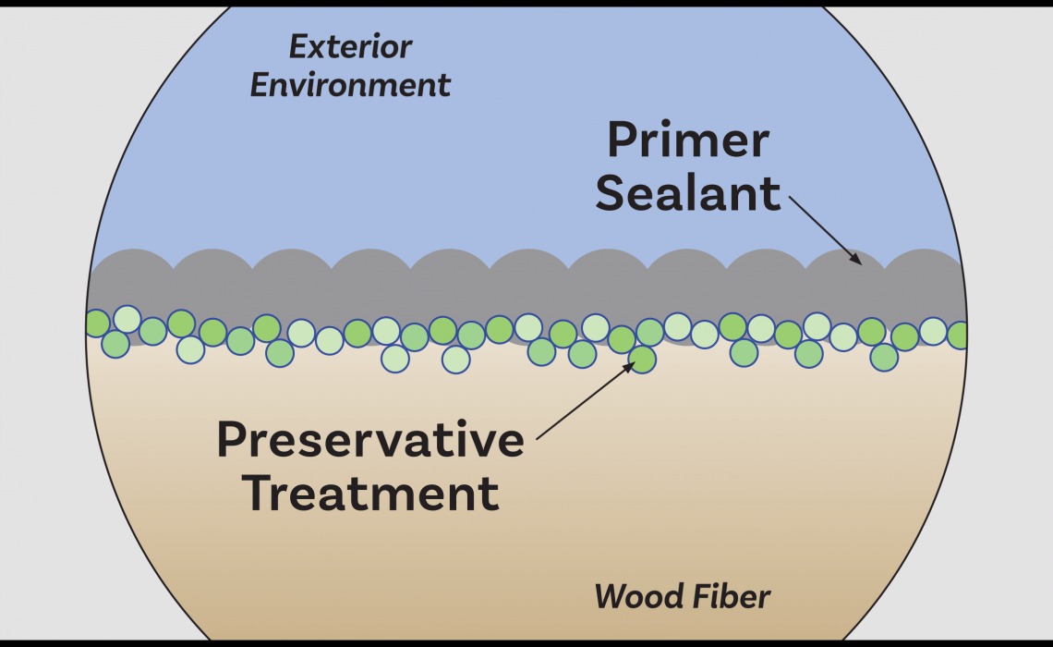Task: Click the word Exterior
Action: tap(350, 46)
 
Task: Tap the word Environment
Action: tap(350, 85)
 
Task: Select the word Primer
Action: tap(687, 141)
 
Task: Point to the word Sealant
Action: tap(687, 194)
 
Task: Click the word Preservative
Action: tap(370, 441)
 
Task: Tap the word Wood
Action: tap(633, 597)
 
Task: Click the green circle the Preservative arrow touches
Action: tap(642, 358)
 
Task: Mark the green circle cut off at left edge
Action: tap(96, 323)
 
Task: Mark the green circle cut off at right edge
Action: tap(958, 336)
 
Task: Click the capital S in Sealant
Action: tap(611, 194)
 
